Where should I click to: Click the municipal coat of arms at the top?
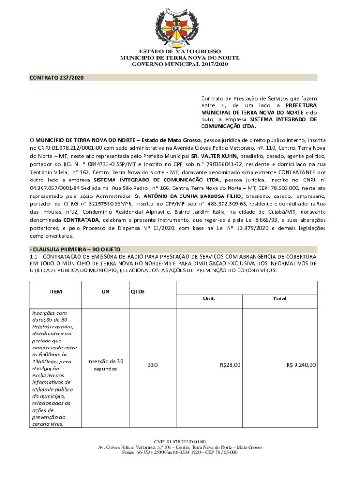tap(180, 26)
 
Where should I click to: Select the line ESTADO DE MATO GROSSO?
tap(180, 51)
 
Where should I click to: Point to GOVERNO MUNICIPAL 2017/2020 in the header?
tap(180, 65)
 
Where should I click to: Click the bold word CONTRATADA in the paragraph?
tap(81, 219)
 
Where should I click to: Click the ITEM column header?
tap(56, 291)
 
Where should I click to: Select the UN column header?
tap(105, 291)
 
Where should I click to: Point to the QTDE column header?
tap(138, 291)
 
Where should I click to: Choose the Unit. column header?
tap(209, 298)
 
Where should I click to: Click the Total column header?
tap(280, 298)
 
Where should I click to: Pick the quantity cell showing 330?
tap(152, 365)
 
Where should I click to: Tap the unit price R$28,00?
tap(230, 365)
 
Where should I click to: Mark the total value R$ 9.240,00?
tap(301, 365)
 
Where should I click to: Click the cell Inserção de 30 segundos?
tap(105, 365)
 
